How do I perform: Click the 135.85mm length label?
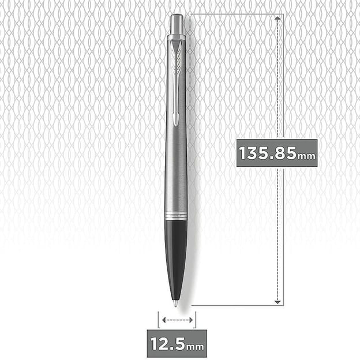point(277,153)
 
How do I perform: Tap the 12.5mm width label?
point(177,343)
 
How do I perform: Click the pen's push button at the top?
point(177,25)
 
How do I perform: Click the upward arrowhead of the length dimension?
point(277,18)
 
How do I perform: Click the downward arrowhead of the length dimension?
point(277,302)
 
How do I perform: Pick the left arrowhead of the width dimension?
point(164,320)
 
